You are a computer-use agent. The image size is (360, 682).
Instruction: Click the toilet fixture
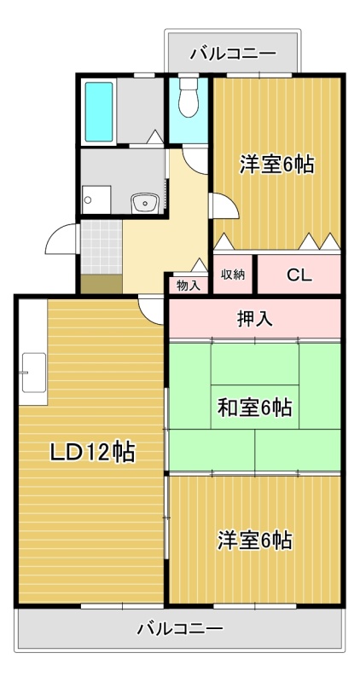click(x=188, y=97)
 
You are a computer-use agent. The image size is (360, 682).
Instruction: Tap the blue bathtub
click(x=99, y=112)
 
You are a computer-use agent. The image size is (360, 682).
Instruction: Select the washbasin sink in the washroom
click(x=145, y=202)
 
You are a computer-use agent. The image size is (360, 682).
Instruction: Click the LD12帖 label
click(x=92, y=453)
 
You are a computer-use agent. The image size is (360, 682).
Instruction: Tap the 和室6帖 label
click(x=255, y=408)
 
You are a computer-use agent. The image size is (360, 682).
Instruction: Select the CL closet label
click(x=299, y=275)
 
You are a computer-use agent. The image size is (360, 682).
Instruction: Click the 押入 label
click(x=255, y=319)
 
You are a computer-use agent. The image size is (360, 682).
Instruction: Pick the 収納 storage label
click(x=233, y=275)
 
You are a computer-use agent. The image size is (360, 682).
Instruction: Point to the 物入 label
click(x=189, y=286)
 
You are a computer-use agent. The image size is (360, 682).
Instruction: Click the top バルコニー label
click(x=233, y=54)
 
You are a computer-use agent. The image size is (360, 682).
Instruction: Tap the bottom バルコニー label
click(x=180, y=628)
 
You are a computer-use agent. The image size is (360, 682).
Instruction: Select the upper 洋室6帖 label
click(x=277, y=165)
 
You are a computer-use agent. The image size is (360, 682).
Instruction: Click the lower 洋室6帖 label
click(x=255, y=540)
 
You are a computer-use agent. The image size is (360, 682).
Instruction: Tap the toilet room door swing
click(x=195, y=159)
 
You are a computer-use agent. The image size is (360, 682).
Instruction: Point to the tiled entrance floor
click(x=102, y=246)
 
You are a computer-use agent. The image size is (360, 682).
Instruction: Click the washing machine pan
click(x=96, y=199)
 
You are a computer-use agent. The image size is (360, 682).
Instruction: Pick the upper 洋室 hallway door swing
click(x=224, y=205)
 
